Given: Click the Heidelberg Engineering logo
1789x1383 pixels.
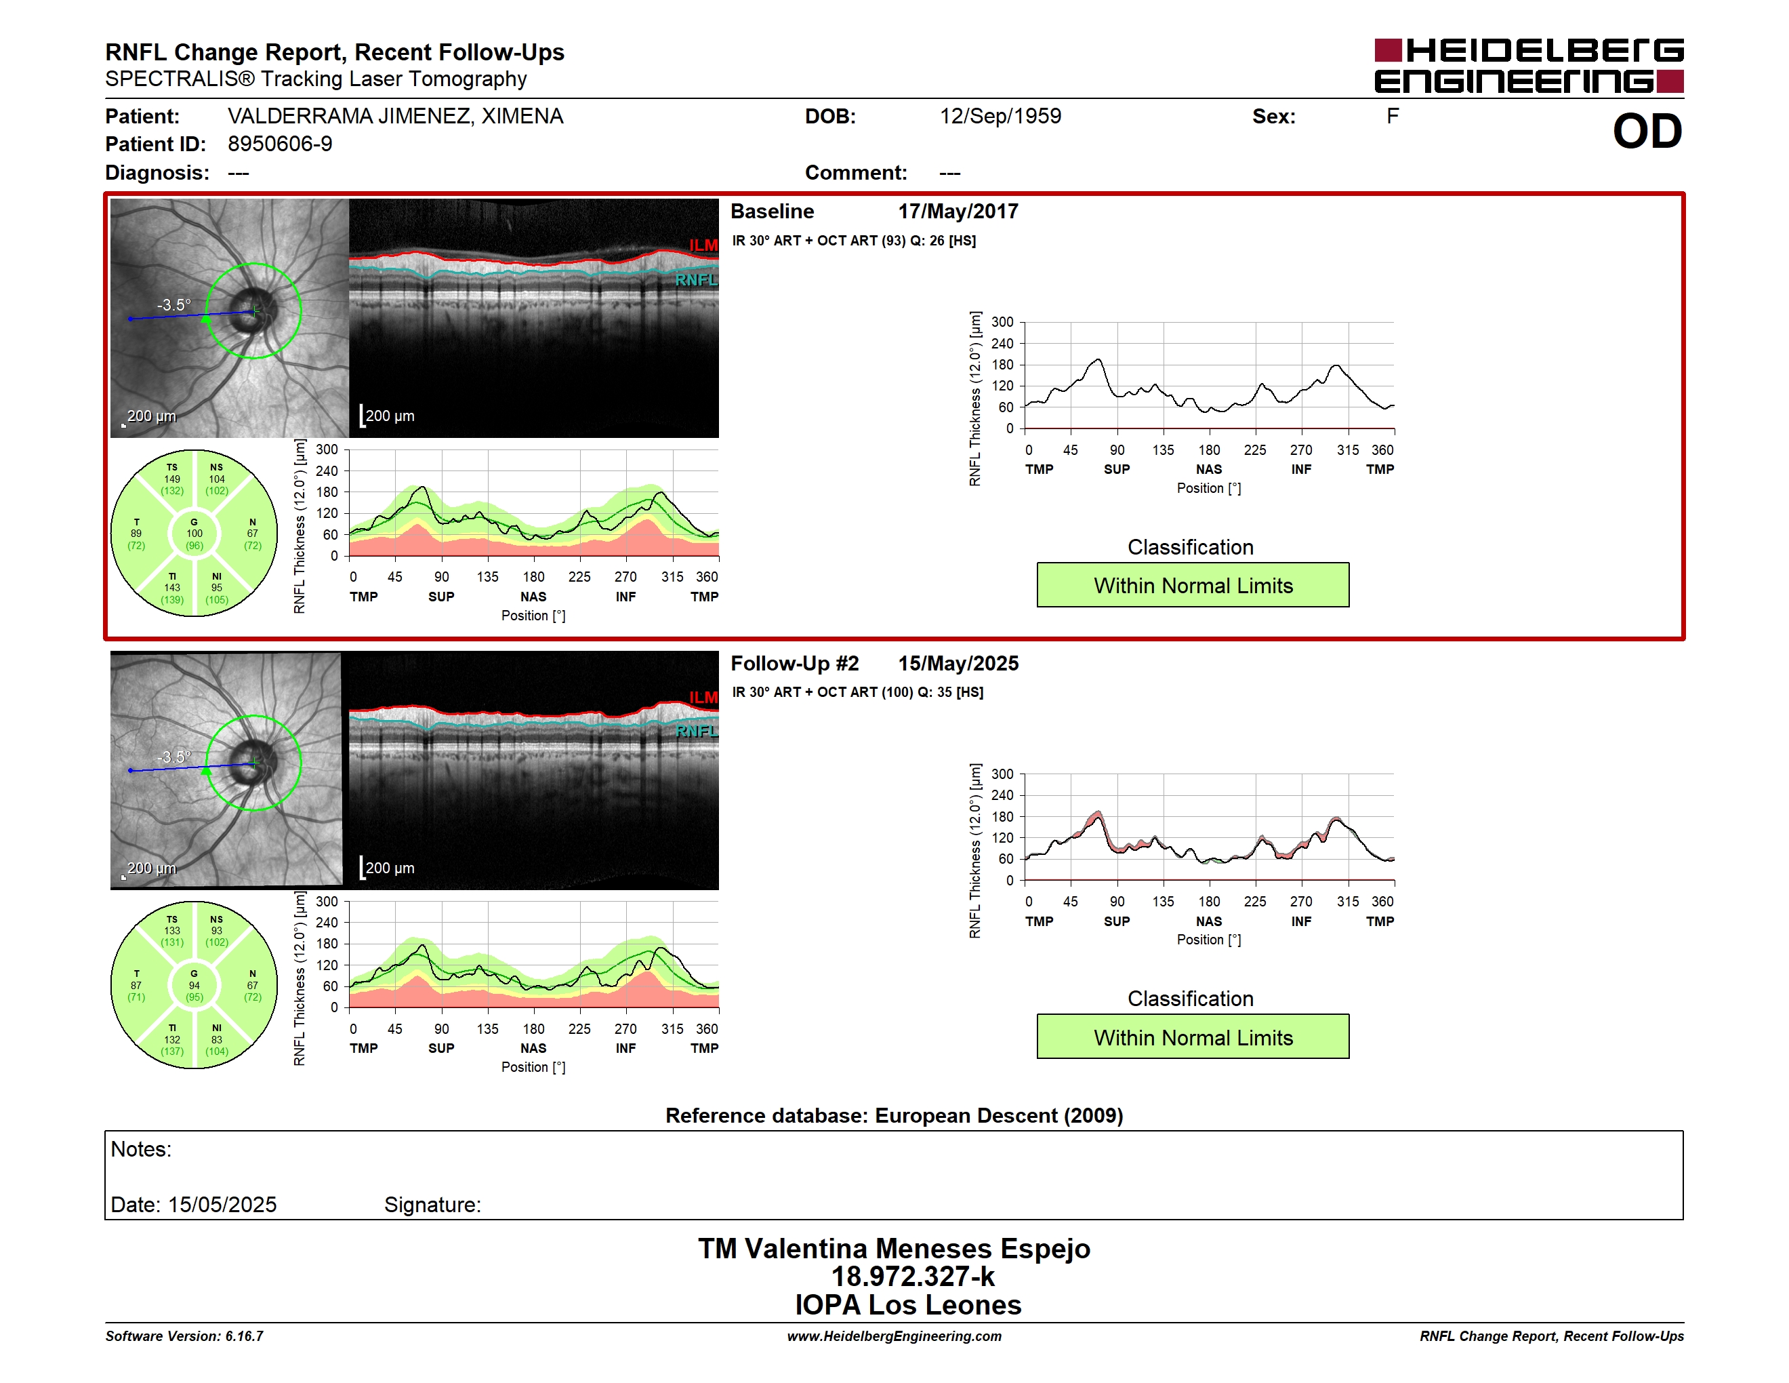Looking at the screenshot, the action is click(1529, 66).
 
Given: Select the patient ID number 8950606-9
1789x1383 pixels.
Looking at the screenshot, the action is click(280, 144).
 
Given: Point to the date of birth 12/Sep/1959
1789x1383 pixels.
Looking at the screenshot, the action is click(1000, 117).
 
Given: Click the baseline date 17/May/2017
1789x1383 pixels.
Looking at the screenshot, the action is click(958, 212).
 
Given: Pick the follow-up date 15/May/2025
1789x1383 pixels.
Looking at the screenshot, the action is click(958, 664).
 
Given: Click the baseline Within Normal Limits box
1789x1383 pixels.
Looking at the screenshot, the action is click(1193, 585).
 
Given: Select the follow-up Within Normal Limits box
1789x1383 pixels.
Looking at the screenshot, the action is click(1193, 1037).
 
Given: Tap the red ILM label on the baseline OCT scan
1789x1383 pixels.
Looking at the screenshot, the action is click(703, 245).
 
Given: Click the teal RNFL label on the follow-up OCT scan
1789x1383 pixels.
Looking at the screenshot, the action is click(695, 731).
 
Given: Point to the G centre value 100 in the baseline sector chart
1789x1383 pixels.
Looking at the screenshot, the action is click(194, 534).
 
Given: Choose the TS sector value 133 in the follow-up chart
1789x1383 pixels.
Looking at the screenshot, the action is click(172, 931).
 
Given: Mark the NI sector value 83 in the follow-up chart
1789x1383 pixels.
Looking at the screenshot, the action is click(216, 1040).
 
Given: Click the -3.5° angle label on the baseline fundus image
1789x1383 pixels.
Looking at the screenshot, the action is click(173, 305).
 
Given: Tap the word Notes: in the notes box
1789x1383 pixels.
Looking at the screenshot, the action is click(141, 1150).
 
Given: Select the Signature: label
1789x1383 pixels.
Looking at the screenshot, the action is click(432, 1205).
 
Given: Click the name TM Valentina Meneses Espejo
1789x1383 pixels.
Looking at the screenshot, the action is click(894, 1249).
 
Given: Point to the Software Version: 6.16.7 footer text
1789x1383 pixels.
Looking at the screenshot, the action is click(184, 1336).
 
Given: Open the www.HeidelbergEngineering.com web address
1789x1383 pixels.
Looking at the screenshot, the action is click(894, 1336).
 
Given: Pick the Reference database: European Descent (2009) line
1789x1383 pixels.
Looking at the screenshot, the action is click(894, 1116).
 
